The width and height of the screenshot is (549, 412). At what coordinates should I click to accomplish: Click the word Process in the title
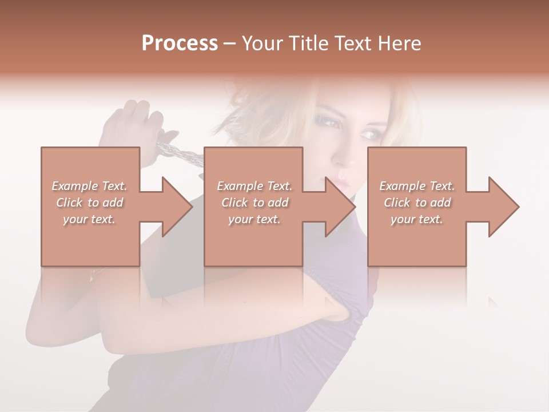180,43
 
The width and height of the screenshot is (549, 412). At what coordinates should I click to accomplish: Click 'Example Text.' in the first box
89,186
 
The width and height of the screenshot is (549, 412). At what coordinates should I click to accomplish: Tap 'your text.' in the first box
89,219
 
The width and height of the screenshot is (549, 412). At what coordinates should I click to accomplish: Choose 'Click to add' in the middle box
254,203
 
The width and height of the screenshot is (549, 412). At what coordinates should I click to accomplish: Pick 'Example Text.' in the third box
417,186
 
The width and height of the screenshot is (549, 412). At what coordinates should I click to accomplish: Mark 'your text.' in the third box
417,219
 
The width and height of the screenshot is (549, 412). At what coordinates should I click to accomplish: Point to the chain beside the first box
180,153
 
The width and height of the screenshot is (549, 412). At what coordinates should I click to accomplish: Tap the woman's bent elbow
337,312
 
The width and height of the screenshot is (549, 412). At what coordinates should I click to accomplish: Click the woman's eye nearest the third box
369,135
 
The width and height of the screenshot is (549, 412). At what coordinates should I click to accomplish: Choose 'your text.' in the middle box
254,219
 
